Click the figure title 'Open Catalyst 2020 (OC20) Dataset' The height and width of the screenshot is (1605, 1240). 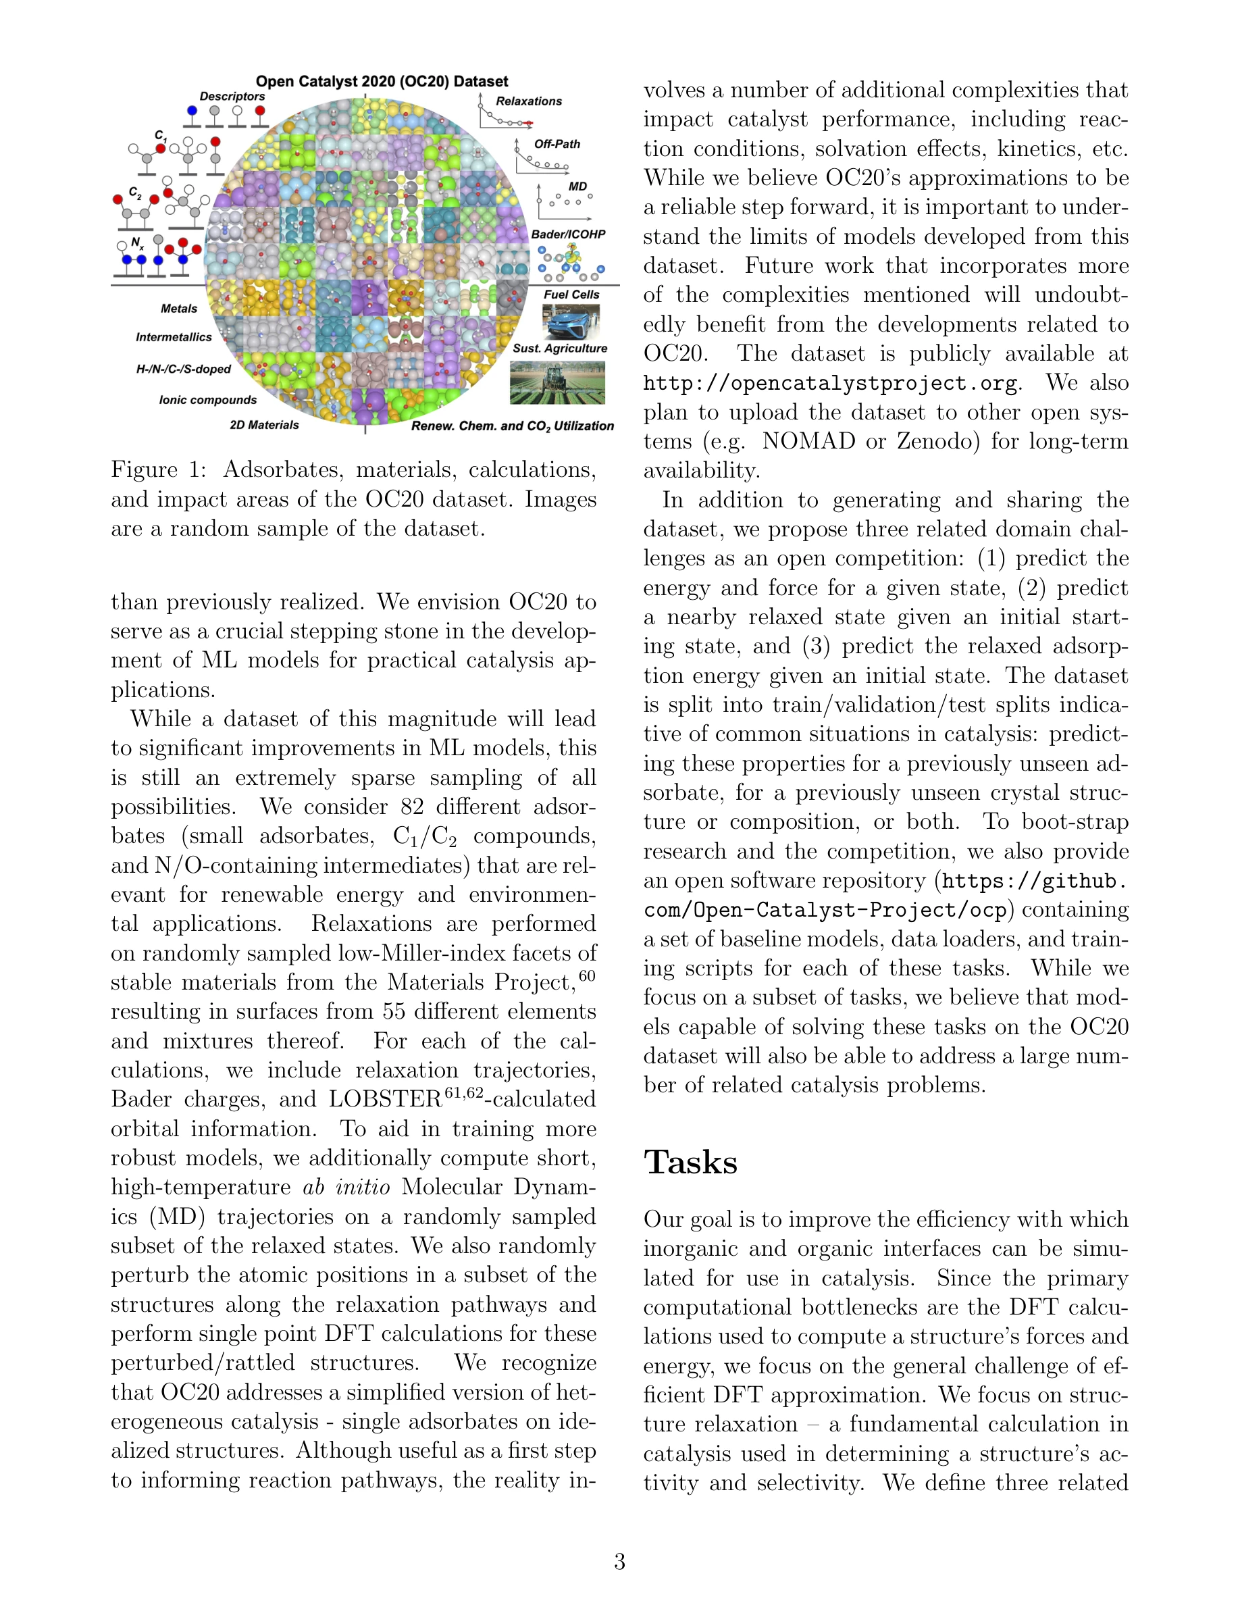pos(382,82)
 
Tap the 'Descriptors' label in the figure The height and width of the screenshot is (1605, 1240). pos(232,97)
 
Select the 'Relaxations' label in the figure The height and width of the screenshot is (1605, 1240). pos(528,101)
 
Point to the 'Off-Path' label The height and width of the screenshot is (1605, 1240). pos(557,144)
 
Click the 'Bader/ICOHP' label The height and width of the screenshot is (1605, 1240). pos(568,234)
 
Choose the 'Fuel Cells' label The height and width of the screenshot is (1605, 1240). pos(571,295)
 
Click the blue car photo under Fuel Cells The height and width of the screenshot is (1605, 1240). pos(571,321)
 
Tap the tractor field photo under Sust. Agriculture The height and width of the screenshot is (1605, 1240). pos(558,382)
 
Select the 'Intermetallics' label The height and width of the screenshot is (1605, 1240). pos(174,337)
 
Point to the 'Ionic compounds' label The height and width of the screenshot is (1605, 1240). pos(208,401)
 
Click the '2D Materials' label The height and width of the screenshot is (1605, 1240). pos(265,426)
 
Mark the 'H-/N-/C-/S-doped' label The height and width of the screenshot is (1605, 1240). pos(184,369)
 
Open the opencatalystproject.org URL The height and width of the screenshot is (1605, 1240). pos(831,384)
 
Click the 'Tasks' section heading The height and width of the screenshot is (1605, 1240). pos(690,1163)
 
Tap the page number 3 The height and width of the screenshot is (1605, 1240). pos(619,1561)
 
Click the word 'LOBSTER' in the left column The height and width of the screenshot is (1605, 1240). pos(386,1100)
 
